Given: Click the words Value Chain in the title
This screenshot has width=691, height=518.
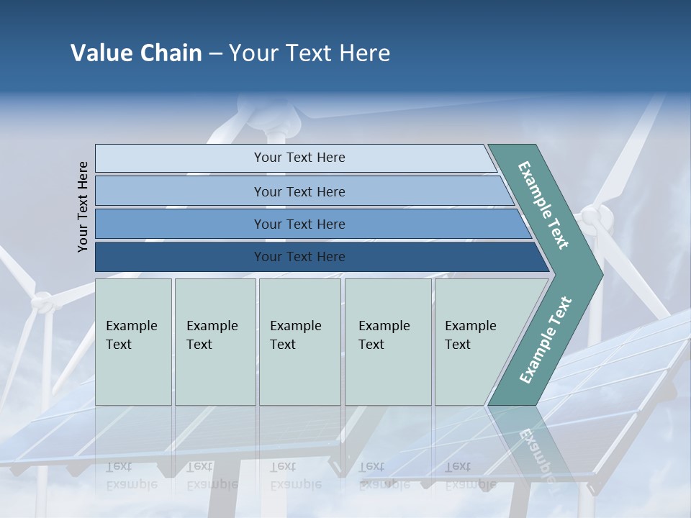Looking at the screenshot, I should coord(136,53).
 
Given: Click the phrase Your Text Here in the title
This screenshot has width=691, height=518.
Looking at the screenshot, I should coord(310,53).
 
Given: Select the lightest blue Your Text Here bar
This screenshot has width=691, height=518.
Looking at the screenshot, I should coord(299,158).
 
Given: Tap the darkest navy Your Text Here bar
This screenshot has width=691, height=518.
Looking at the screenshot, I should coord(299,257).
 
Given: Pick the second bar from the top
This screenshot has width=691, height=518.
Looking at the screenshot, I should coord(299,191).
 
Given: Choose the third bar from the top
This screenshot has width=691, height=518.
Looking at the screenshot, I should coord(299,224).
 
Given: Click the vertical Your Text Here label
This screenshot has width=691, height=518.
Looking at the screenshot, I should coord(83,206).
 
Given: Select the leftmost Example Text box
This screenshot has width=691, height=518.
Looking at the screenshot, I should coord(133,341).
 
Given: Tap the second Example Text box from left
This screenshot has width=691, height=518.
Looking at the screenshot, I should coord(214,341).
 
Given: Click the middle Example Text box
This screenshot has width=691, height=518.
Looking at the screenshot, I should coord(299,341).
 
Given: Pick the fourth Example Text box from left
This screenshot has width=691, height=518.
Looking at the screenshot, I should coord(387,341).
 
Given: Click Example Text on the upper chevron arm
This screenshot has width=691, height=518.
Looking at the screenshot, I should coord(543,205).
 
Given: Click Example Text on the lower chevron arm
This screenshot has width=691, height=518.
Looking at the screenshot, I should coord(545,340).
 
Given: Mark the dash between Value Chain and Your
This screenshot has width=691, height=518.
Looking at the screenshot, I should coord(215,54).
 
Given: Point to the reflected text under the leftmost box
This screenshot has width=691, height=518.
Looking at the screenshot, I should coord(131,476).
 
